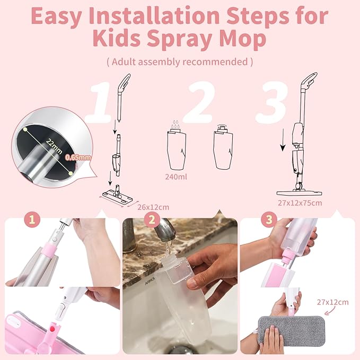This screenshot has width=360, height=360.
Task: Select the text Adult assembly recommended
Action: pos(180,62)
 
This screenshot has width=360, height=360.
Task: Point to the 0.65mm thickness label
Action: pos(77,157)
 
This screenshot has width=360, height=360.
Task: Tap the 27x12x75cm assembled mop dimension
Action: pos(300,202)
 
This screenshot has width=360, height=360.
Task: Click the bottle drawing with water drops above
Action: pos(175,148)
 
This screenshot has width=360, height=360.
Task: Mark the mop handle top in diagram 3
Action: pos(307,83)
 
